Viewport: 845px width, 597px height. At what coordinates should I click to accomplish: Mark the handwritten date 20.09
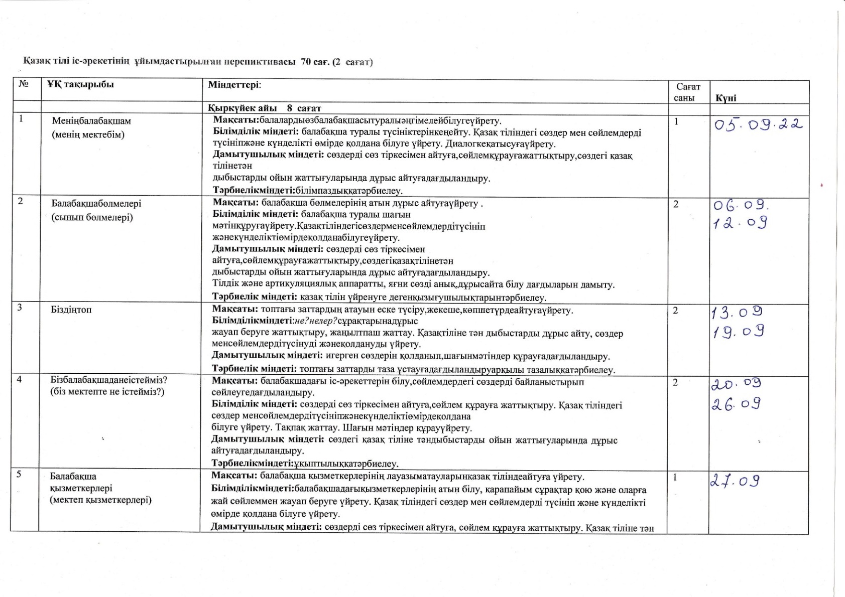(x=736, y=384)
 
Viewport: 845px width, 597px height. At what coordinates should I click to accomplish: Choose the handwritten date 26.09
(x=736, y=404)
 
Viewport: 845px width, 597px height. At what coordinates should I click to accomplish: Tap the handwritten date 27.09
(x=735, y=481)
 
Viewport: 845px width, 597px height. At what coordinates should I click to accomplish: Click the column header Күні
(x=726, y=98)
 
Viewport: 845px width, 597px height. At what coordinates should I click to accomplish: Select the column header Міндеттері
(x=234, y=84)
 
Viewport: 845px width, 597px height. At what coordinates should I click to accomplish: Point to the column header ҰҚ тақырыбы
(x=80, y=84)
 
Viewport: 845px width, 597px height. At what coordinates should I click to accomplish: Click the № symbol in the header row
(x=23, y=84)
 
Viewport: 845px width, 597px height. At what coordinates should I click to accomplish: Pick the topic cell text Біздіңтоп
(x=71, y=310)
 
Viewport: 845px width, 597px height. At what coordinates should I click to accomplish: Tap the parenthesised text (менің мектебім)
(x=88, y=134)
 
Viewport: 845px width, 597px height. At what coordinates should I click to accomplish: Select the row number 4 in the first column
(x=19, y=379)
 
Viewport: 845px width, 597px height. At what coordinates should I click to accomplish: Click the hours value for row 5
(x=676, y=478)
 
